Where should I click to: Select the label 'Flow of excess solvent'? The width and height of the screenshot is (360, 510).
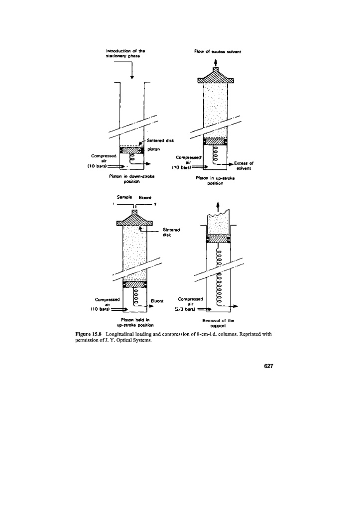point(216,51)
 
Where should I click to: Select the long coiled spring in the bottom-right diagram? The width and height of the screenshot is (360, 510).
point(219,271)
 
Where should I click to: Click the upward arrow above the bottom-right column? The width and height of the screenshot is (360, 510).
point(218,205)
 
